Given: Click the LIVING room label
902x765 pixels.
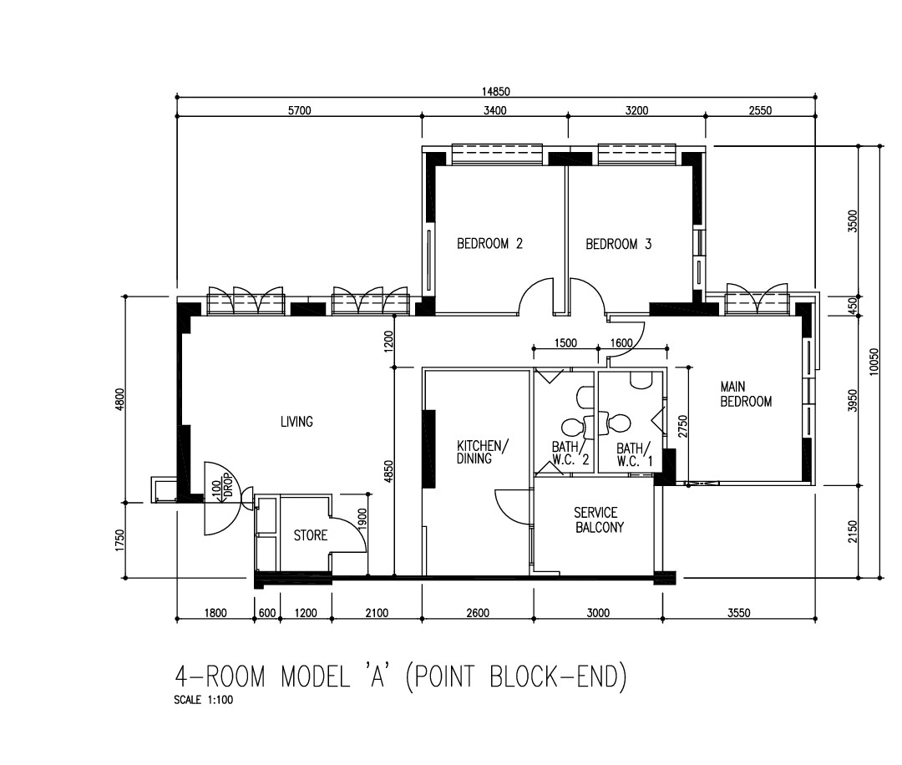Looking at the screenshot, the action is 296,422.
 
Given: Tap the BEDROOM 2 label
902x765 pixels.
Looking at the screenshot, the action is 489,244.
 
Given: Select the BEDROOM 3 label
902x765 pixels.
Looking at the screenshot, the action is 618,245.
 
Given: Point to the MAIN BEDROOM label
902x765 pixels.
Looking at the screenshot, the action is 746,394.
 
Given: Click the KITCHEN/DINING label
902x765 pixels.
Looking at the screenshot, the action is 483,452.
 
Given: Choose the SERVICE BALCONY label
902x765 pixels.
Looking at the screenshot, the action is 599,519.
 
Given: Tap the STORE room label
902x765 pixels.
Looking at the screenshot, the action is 311,535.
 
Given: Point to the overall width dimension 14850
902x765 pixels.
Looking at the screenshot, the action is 496,92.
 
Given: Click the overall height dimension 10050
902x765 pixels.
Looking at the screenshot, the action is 874,362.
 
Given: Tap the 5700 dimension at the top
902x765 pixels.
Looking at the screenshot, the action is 299,110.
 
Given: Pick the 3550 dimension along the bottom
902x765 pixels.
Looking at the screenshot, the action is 738,613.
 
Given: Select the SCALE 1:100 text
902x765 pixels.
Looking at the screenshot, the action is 204,700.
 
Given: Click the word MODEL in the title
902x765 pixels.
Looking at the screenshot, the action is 315,676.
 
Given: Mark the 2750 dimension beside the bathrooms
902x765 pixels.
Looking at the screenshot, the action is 683,426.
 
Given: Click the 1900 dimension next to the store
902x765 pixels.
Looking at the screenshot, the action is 362,519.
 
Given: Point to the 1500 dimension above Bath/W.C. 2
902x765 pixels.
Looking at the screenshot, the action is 565,343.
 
